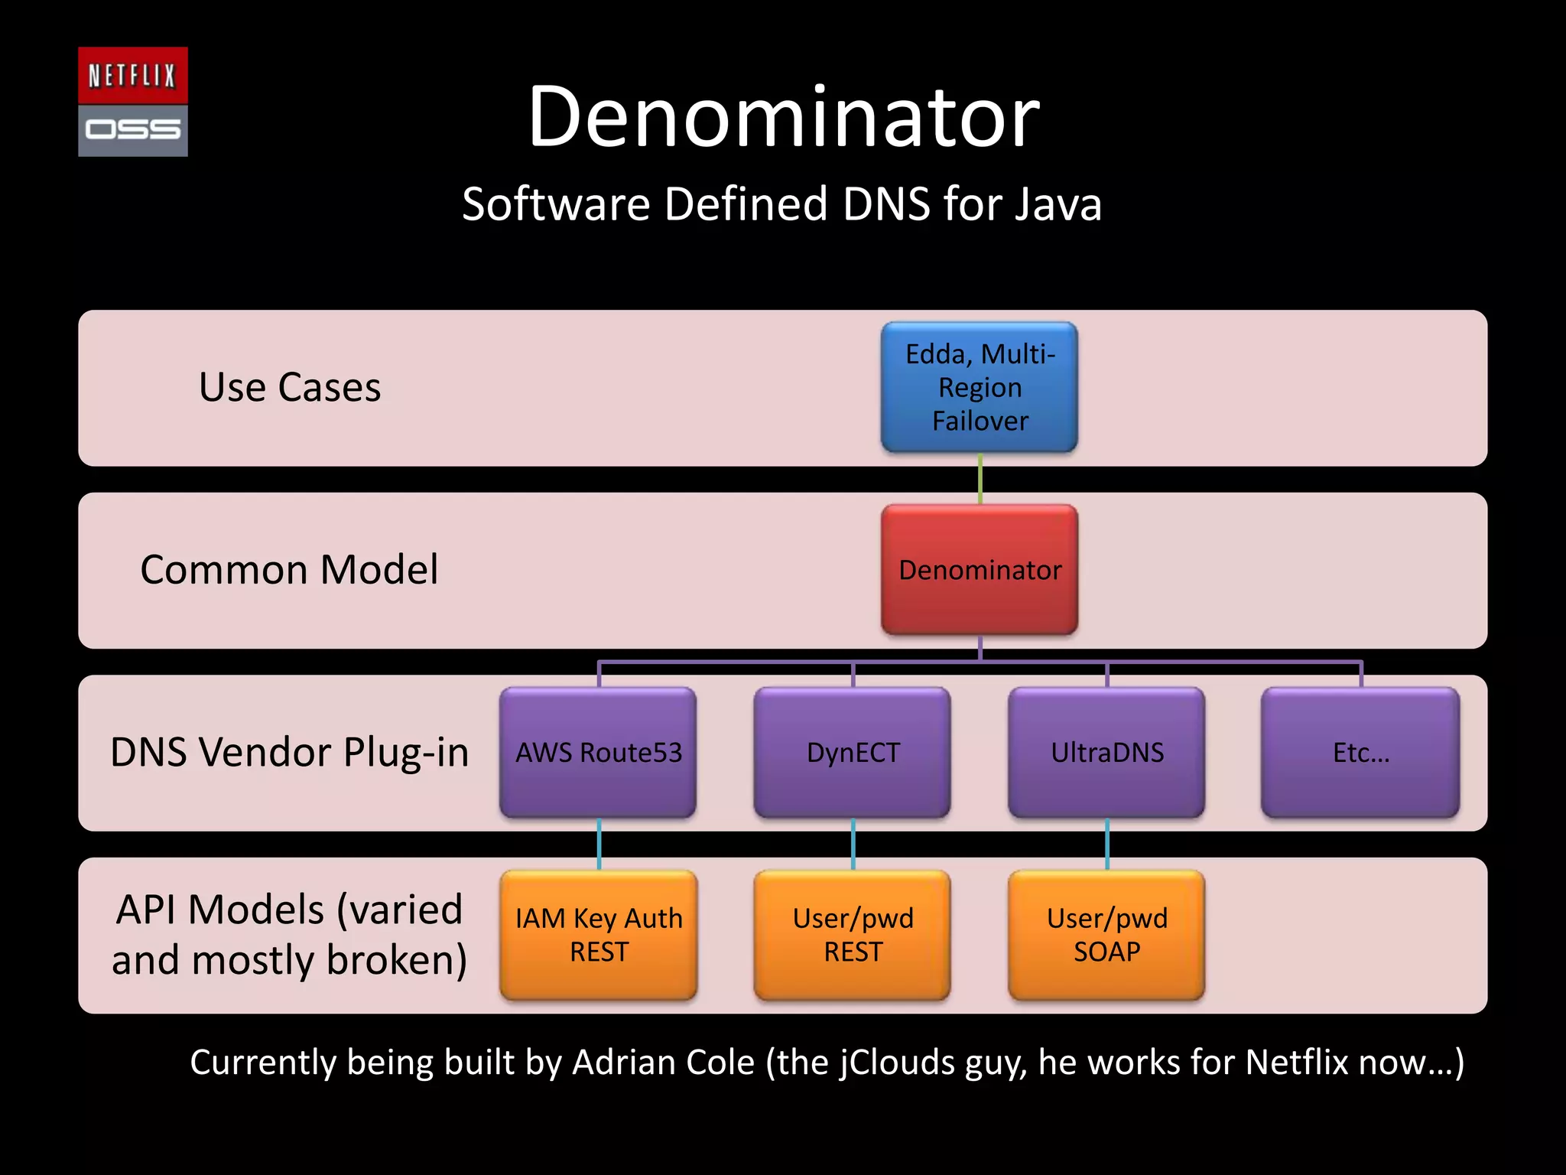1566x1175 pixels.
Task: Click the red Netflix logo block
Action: (x=132, y=75)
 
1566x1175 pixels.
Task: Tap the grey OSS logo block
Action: (x=132, y=130)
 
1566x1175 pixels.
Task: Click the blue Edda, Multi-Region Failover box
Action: (x=980, y=387)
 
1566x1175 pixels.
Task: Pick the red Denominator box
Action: (x=980, y=570)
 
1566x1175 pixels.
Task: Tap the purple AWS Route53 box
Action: (x=598, y=753)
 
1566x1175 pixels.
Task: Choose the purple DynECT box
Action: (x=853, y=753)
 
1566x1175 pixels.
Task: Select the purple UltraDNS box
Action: (x=1106, y=753)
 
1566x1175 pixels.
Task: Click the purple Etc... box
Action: (x=1360, y=753)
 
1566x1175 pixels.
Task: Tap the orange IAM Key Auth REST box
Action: (x=598, y=935)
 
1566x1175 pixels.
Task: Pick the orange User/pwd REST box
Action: (x=853, y=935)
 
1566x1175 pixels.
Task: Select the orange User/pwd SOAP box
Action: (x=1106, y=935)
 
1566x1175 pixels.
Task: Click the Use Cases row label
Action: (x=290, y=387)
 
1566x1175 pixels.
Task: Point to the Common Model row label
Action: (x=289, y=570)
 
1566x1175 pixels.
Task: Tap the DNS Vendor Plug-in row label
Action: (x=289, y=752)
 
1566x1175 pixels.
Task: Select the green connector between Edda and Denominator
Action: (x=980, y=479)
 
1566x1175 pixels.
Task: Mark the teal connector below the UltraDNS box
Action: (x=1107, y=844)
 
